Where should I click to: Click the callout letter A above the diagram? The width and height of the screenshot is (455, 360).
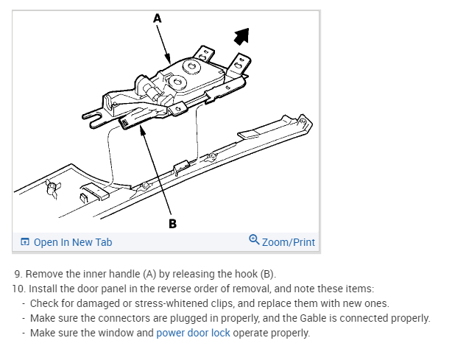pyautogui.click(x=157, y=20)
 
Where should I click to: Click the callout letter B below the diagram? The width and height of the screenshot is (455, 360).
pyautogui.click(x=172, y=223)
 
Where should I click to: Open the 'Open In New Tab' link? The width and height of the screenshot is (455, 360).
pyautogui.click(x=72, y=241)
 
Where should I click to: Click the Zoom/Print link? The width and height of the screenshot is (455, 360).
pyautogui.click(x=288, y=241)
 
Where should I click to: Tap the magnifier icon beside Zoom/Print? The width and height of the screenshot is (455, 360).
pyautogui.click(x=254, y=240)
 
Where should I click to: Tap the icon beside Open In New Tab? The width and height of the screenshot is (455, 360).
pyautogui.click(x=25, y=241)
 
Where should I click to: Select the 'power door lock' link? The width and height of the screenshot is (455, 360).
pyautogui.click(x=193, y=333)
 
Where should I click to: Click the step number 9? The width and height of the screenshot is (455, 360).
pyautogui.click(x=17, y=274)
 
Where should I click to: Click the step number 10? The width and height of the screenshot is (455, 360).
pyautogui.click(x=17, y=289)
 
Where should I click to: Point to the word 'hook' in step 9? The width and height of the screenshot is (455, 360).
pyautogui.click(x=234, y=274)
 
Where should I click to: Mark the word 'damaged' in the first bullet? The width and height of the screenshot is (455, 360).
pyautogui.click(x=85, y=303)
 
